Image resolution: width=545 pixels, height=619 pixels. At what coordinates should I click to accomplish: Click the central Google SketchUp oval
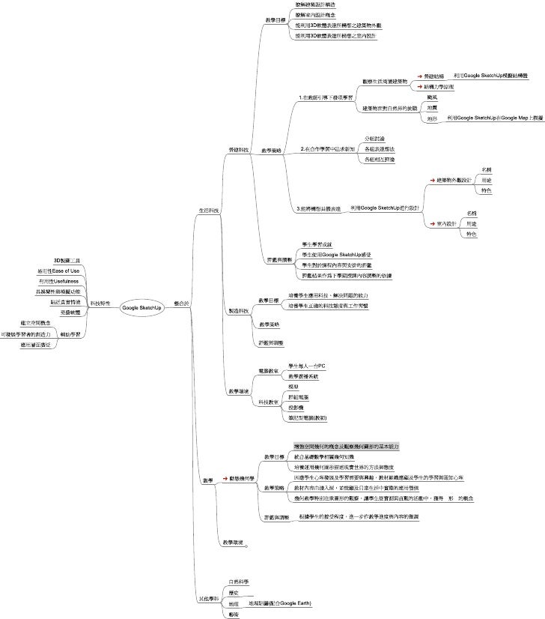pyautogui.click(x=141, y=308)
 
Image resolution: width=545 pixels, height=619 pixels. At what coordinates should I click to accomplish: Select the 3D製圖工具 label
pyautogui.click(x=67, y=260)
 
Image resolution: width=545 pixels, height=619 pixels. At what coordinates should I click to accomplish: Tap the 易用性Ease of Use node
pyautogui.click(x=58, y=271)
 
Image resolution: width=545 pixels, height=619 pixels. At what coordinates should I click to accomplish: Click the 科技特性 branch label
pyautogui.click(x=100, y=304)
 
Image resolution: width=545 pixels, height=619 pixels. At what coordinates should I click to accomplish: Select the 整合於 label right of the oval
pyautogui.click(x=181, y=304)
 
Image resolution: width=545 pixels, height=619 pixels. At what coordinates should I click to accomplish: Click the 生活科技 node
pyautogui.click(x=209, y=210)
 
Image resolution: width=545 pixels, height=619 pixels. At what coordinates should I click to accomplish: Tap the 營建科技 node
pyautogui.click(x=239, y=150)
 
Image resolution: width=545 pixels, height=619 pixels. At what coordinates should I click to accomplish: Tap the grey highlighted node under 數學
pyautogui.click(x=346, y=445)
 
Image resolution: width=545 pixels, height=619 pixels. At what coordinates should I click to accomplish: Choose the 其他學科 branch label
pyautogui.click(x=208, y=599)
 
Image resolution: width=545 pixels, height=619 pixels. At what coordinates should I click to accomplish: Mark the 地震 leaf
pyautogui.click(x=432, y=108)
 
